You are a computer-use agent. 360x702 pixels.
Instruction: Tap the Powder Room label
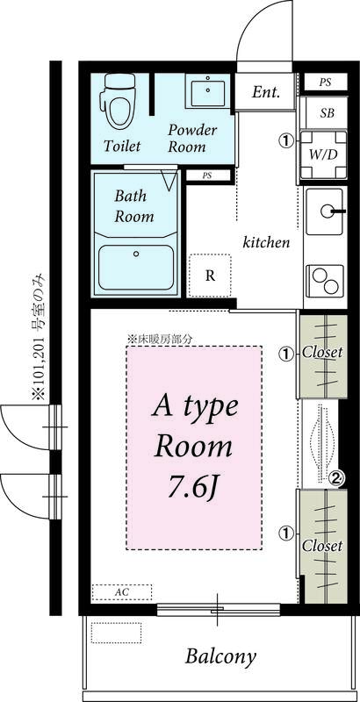192,138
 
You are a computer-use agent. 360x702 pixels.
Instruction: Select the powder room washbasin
208,90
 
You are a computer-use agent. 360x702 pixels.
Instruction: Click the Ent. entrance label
266,92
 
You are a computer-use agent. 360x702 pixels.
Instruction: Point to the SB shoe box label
327,113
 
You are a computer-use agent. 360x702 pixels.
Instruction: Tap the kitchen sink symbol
327,211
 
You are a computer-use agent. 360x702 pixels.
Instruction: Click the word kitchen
266,242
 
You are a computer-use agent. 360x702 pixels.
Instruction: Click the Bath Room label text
133,206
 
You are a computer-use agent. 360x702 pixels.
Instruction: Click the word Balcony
220,656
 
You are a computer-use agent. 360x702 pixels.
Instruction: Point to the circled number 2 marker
335,477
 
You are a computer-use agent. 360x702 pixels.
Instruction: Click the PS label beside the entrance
325,82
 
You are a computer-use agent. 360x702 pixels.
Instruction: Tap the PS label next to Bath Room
207,175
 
